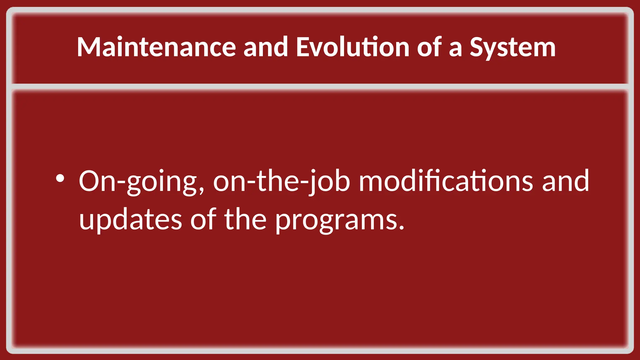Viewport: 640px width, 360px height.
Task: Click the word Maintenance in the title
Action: pos(156,47)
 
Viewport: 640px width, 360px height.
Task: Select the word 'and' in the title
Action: pos(265,47)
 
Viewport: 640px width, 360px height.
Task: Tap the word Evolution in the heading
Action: pos(352,47)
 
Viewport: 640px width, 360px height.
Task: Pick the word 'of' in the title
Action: pos(429,47)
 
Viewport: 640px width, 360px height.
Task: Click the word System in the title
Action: pos(512,47)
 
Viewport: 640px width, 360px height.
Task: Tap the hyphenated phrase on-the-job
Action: pos(281,182)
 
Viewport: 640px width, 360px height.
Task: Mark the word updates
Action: pos(131,220)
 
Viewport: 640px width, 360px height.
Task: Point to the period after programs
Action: pos(402,228)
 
